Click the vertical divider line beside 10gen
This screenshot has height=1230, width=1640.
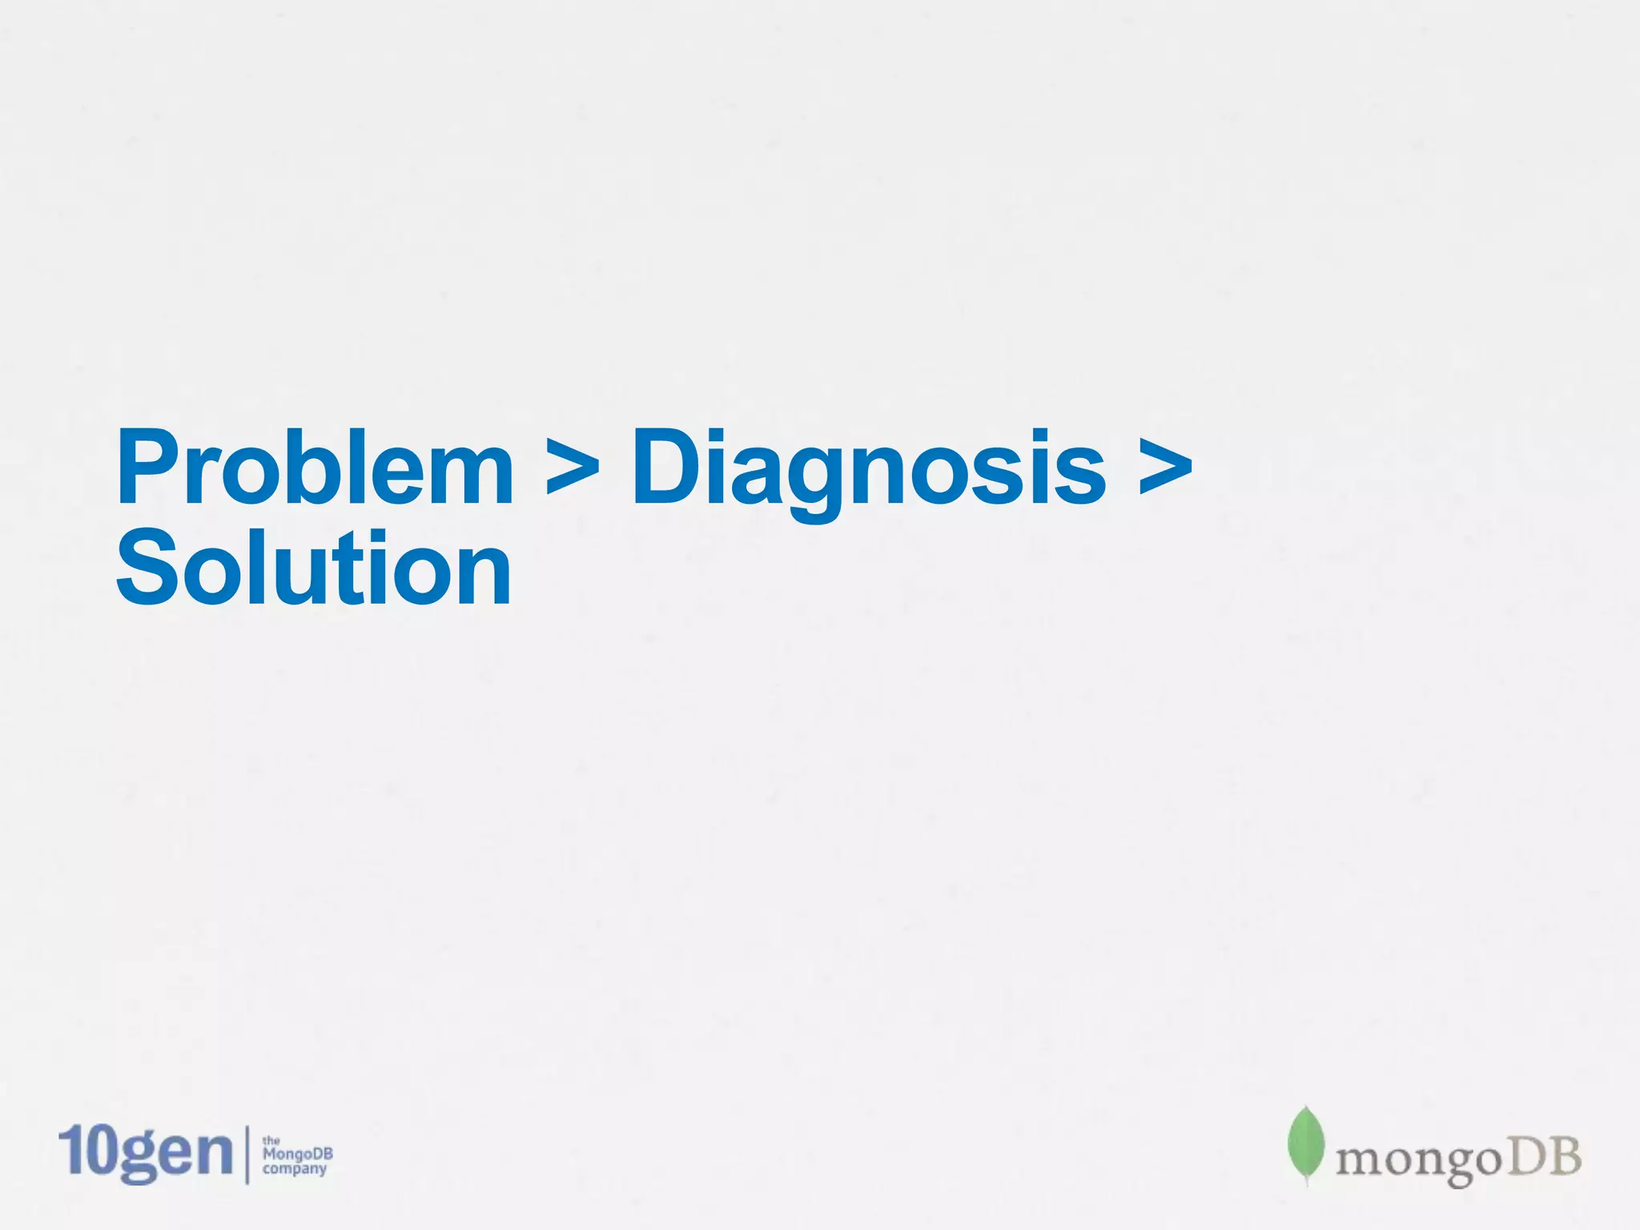click(246, 1154)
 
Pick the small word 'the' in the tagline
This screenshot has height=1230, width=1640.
click(271, 1140)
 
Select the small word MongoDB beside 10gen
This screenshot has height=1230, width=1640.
click(297, 1154)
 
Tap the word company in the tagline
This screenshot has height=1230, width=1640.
click(295, 1169)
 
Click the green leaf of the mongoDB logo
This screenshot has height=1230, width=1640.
click(1305, 1144)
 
